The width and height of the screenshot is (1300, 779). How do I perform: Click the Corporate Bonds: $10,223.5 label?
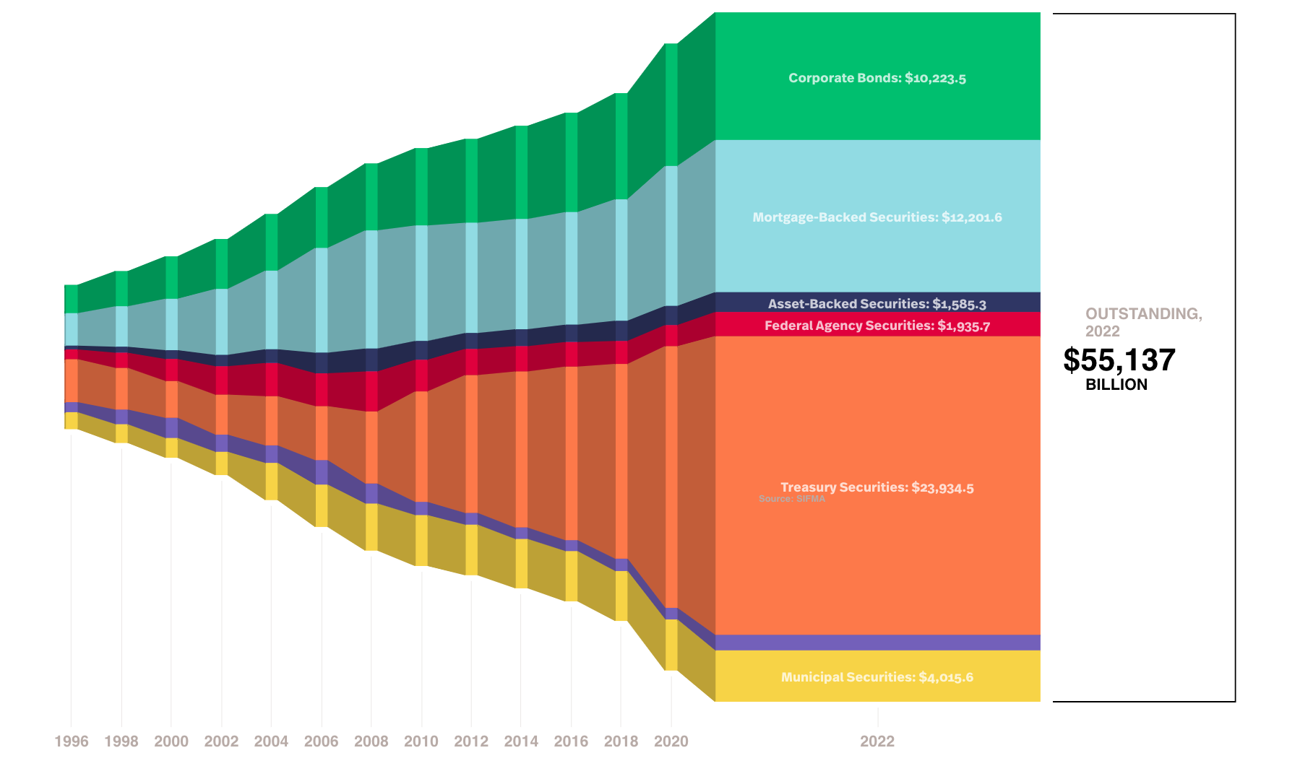[877, 78]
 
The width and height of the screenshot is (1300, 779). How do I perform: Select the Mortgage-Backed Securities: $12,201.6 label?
[877, 217]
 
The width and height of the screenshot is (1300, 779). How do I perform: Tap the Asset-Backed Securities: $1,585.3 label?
[877, 304]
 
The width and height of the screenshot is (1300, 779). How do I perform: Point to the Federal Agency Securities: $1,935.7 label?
[877, 326]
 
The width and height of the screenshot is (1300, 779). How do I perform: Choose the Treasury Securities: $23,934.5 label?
[877, 487]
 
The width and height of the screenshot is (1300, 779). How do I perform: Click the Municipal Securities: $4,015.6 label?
[877, 677]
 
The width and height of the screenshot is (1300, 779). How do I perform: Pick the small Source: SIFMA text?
[791, 499]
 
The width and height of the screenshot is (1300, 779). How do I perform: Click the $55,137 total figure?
[1119, 360]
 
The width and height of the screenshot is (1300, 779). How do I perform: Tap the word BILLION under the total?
[1116, 385]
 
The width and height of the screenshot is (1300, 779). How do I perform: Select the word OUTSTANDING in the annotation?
[1143, 314]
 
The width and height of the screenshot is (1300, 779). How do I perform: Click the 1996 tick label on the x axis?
[72, 741]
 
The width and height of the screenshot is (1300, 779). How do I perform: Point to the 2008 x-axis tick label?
[371, 741]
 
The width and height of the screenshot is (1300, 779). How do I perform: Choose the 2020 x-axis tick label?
[671, 741]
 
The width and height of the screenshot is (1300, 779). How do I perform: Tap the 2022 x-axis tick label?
[877, 741]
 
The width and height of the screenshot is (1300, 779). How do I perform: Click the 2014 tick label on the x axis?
[521, 741]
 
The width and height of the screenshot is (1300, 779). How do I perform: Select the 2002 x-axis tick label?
[221, 741]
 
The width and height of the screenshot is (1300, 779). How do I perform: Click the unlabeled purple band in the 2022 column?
[877, 643]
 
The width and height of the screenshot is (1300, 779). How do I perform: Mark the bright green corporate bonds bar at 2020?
[671, 105]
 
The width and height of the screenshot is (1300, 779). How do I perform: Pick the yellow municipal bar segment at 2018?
[621, 596]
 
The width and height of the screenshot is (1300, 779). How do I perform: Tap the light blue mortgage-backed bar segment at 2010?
[421, 283]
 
